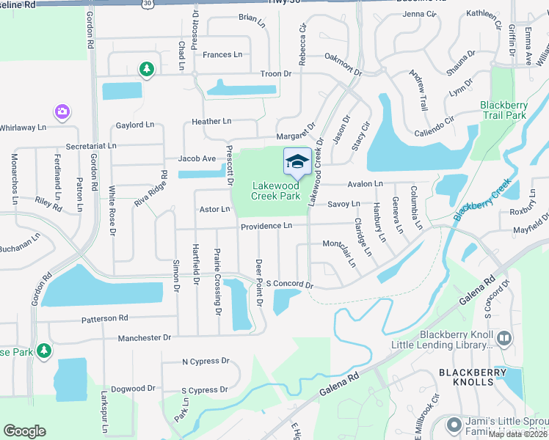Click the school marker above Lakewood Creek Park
297,162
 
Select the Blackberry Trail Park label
503,110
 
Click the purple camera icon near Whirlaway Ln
62,111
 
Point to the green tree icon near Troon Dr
147,69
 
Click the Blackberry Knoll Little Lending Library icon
503,338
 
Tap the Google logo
24,431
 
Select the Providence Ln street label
267,227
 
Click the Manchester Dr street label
144,337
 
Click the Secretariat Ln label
91,146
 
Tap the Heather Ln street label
211,121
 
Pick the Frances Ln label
222,55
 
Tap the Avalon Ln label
366,183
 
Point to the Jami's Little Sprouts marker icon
454,423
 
